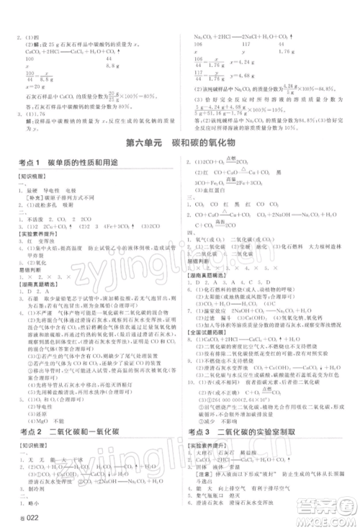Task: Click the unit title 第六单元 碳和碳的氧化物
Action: [x=179, y=143]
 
